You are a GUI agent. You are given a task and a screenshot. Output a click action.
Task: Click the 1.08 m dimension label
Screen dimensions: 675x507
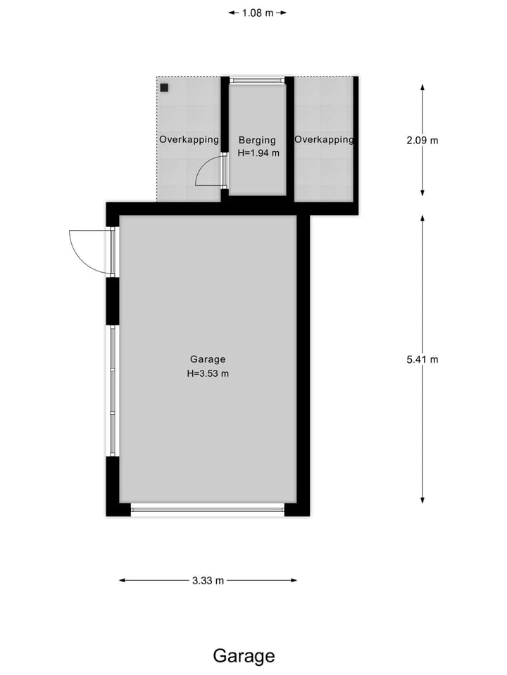click(258, 13)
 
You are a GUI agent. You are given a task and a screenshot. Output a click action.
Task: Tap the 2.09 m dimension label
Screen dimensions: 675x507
click(423, 140)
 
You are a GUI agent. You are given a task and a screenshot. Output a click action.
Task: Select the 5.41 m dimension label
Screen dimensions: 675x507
click(423, 359)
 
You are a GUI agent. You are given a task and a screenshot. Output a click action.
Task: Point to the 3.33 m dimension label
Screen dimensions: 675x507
click(208, 581)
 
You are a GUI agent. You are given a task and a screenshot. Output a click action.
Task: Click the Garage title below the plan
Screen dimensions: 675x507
click(244, 656)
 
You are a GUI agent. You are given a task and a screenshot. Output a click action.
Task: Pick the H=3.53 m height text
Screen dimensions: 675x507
click(208, 374)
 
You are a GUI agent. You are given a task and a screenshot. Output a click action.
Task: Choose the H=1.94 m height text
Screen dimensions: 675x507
click(258, 153)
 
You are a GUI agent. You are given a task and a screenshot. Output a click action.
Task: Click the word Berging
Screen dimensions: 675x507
click(257, 140)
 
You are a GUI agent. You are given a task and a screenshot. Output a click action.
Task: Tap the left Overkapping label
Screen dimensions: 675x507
click(189, 140)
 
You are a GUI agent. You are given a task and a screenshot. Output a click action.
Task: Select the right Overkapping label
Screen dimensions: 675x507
click(324, 140)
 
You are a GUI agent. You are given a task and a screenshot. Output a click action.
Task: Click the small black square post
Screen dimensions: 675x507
click(164, 88)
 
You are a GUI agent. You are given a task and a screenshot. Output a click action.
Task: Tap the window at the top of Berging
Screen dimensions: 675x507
click(258, 80)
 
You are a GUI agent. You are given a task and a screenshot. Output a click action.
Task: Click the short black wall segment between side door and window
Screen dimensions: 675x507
click(112, 301)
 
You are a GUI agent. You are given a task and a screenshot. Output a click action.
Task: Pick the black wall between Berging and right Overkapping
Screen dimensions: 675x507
click(289, 137)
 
